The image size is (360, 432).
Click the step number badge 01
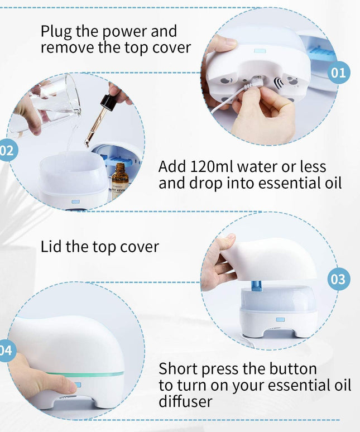338,72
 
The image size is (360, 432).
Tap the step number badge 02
7,150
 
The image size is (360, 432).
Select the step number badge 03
338,279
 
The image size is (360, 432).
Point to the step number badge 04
6,351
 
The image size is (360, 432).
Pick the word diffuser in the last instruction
185,402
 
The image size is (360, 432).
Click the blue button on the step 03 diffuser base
280,320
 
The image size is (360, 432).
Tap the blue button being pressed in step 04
78,385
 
